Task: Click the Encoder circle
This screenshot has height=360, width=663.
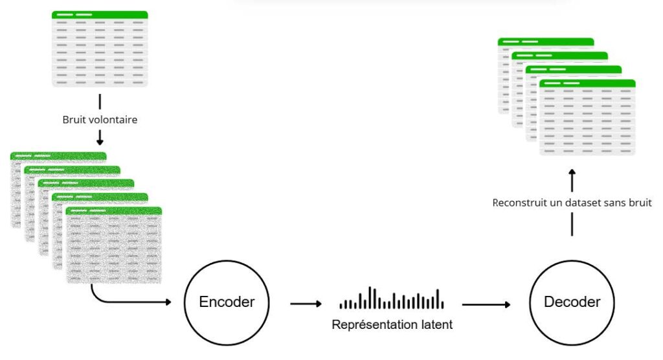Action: click(227, 302)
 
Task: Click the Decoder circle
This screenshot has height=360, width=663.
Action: click(572, 302)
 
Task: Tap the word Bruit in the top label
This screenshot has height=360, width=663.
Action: click(74, 120)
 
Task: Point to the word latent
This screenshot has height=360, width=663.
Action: click(434, 324)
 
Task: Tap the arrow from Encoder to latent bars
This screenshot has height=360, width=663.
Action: click(306, 303)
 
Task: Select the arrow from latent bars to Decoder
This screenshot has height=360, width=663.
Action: click(486, 303)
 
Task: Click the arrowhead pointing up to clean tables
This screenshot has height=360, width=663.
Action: click(572, 175)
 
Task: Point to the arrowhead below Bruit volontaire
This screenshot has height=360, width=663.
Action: click(100, 140)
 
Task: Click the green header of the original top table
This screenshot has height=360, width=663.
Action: click(100, 14)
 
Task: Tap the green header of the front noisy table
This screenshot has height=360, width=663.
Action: click(114, 210)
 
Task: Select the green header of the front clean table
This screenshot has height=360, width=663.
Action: click(587, 83)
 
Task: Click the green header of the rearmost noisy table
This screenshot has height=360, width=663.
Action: click(58, 156)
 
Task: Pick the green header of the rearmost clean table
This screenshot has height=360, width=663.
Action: click(546, 41)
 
